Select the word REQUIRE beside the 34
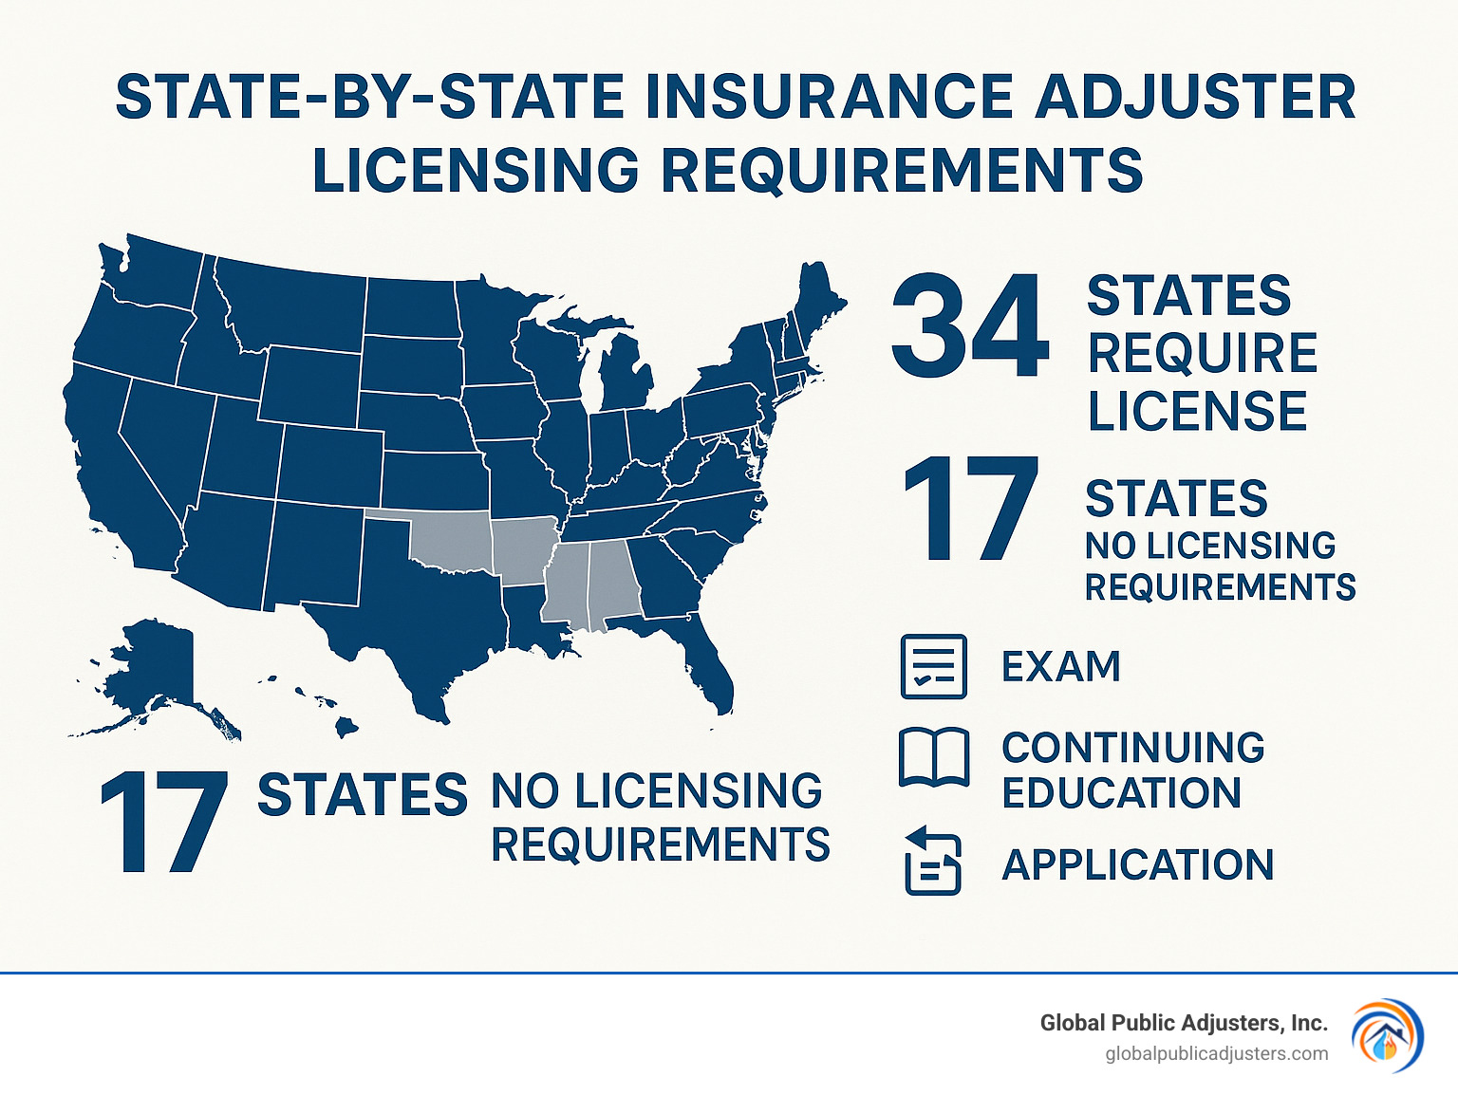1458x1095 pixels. point(1203,353)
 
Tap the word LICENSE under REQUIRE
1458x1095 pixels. point(1197,411)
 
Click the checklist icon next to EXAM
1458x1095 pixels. point(932,666)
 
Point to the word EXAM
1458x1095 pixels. point(1061,666)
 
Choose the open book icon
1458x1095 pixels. point(934,757)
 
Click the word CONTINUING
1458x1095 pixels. point(1133,748)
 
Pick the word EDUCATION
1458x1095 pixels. point(1121,793)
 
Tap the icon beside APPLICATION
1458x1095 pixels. point(932,861)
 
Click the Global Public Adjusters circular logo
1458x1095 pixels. point(1387,1035)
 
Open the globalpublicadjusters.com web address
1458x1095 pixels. point(1217,1053)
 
